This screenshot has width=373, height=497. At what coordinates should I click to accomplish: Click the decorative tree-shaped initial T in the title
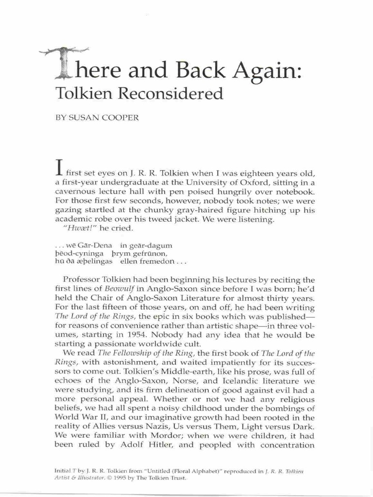click(65, 63)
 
